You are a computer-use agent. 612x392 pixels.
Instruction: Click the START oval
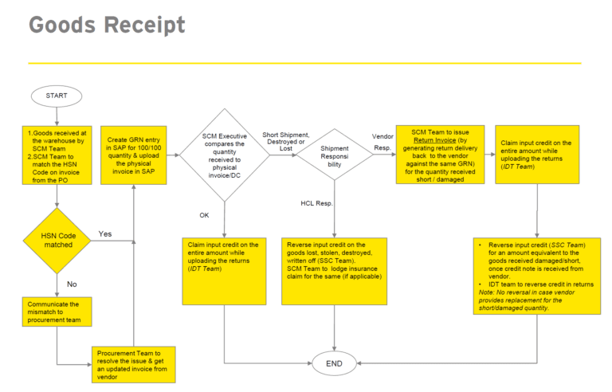tap(57, 96)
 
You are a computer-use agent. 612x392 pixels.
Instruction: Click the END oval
tap(335, 363)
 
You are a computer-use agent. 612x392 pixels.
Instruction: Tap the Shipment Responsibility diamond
tap(334, 155)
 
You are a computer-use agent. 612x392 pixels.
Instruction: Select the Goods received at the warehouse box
tap(57, 155)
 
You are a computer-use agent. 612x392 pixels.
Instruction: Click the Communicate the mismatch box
tap(57, 312)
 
